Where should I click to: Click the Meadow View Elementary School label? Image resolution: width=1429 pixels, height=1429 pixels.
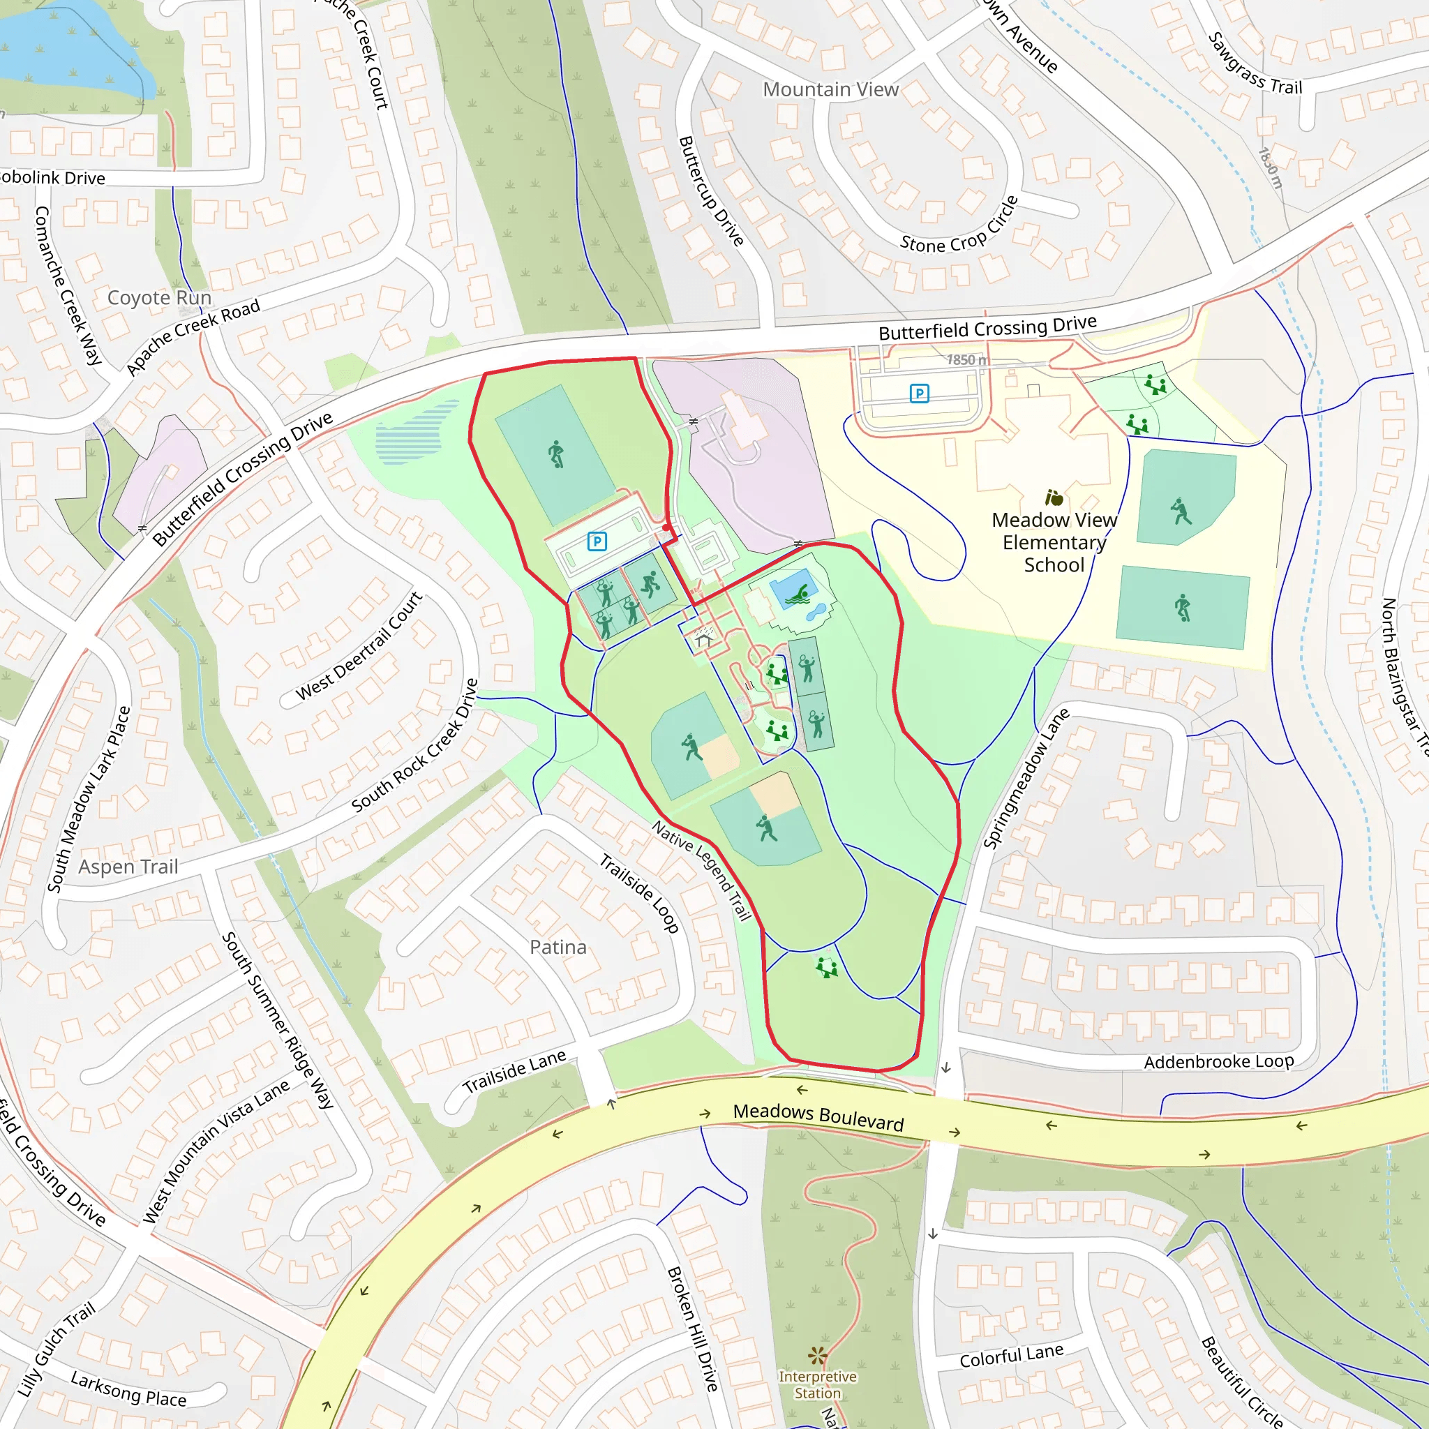click(1054, 542)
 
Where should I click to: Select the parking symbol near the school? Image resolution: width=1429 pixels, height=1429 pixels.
click(919, 394)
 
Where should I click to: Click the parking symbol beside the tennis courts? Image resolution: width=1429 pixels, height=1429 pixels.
click(597, 541)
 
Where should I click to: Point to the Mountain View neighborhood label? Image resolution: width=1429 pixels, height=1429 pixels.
click(830, 89)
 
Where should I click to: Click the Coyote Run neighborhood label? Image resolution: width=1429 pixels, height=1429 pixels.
click(159, 297)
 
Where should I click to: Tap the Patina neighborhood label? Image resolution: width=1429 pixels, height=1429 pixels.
click(558, 947)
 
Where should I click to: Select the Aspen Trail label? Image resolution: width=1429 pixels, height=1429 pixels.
click(128, 866)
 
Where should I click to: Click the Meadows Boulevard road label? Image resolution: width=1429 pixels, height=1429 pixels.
click(818, 1117)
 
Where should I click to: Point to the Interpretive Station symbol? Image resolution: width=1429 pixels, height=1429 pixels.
click(816, 1355)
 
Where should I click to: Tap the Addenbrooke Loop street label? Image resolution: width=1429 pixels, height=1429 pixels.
click(1218, 1062)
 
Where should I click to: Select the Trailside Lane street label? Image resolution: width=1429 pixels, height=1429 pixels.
click(514, 1072)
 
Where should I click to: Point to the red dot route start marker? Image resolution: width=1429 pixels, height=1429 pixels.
click(667, 528)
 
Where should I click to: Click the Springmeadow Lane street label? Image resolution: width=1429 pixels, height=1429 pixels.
click(1026, 778)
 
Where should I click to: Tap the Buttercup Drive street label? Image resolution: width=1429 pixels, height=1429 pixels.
click(711, 190)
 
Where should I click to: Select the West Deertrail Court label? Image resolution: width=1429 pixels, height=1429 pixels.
click(359, 645)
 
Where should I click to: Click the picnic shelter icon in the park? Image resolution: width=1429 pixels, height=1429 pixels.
click(703, 638)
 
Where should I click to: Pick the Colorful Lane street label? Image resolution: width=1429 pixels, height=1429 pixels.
click(1011, 1355)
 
